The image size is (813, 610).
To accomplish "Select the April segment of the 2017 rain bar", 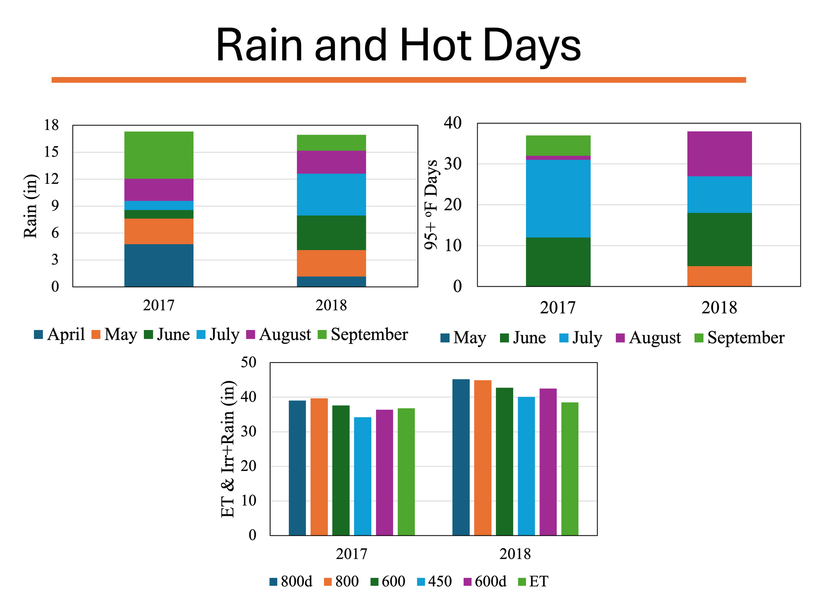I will tap(159, 265).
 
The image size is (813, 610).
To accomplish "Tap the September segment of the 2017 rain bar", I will tap(159, 155).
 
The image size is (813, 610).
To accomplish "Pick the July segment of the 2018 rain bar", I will tap(331, 194).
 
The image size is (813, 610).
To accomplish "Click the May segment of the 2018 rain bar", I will tap(331, 263).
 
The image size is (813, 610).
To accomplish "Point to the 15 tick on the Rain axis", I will tap(51, 152).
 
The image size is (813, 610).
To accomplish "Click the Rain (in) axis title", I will tap(30, 206).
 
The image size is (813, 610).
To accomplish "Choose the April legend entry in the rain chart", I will tap(60, 335).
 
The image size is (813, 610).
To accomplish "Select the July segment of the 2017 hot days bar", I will tap(558, 199).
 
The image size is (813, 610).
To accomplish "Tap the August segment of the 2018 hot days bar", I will tap(719, 154).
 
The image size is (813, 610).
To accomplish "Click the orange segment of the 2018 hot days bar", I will tap(719, 276).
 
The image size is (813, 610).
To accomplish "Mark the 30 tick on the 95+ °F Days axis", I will tap(453, 164).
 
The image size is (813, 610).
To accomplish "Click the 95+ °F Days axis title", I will tap(431, 205).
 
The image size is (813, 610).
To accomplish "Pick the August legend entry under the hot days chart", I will tap(648, 338).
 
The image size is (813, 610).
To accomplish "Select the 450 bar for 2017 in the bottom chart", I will tap(362, 476).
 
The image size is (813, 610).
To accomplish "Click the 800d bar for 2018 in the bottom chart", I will tap(461, 457).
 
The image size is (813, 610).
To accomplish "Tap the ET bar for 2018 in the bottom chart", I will tap(570, 469).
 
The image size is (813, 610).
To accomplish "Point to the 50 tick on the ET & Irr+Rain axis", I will tap(249, 363).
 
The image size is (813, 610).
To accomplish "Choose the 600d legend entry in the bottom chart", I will tap(485, 582).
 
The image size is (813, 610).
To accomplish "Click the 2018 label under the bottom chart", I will tap(515, 554).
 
